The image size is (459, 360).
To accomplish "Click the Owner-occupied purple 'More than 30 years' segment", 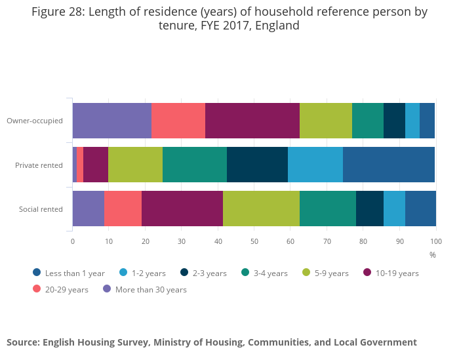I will coord(112,121).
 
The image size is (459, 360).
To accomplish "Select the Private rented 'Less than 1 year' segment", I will coord(389,165).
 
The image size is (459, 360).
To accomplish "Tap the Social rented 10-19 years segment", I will coord(182,209).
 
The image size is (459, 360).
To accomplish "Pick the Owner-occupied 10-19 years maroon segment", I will coord(252,121).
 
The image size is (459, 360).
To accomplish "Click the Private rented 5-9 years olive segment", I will coord(135,165).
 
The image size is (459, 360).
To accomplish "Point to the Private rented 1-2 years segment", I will coord(315,165).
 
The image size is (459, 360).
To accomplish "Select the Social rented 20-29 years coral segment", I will coord(123,209).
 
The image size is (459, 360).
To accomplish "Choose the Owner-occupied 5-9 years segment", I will coord(326,121).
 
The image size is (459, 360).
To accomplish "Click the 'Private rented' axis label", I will coord(39,165).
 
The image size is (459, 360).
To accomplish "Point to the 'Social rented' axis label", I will coord(41,209).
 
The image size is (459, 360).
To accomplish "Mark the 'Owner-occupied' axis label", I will coord(34,121).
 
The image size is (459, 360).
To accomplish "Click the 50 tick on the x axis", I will coord(254,241).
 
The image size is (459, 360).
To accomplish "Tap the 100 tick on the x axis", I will coord(436,241).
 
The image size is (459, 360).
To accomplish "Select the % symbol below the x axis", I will coord(433,254).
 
